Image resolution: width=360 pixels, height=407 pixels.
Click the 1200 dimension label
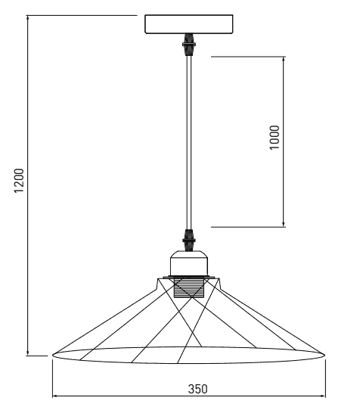pyautogui.click(x=19, y=181)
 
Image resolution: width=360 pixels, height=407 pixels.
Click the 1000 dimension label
pyautogui.click(x=275, y=138)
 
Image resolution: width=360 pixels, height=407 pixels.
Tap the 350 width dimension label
pyautogui.click(x=198, y=389)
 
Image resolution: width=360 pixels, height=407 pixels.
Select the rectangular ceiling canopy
pyautogui.click(x=188, y=24)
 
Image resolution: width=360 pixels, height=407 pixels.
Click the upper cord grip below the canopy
pyautogui.click(x=188, y=45)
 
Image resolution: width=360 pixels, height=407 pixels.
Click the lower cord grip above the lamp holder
pyautogui.click(x=188, y=241)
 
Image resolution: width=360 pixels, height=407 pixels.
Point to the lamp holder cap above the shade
pyautogui.click(x=188, y=263)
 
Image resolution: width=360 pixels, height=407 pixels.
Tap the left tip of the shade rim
pyautogui.click(x=53, y=355)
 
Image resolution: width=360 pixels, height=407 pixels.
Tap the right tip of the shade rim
pyautogui.click(x=324, y=355)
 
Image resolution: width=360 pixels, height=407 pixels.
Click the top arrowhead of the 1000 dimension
pyautogui.click(x=284, y=60)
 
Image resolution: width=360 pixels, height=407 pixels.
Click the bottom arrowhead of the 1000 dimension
pyautogui.click(x=284, y=224)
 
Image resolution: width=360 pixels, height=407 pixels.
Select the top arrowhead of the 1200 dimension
pyautogui.click(x=27, y=19)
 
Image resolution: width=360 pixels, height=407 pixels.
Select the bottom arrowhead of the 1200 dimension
pyautogui.click(x=27, y=353)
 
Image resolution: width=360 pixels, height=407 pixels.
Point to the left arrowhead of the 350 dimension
pyautogui.click(x=55, y=396)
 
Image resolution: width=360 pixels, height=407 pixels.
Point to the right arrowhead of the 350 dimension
pyautogui.click(x=322, y=396)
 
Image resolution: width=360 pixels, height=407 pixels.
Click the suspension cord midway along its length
pyautogui.click(x=188, y=143)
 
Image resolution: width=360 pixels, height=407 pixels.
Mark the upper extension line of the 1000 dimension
pyautogui.click(x=248, y=57)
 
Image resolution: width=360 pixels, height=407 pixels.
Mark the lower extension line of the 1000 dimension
pyautogui.click(x=248, y=227)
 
